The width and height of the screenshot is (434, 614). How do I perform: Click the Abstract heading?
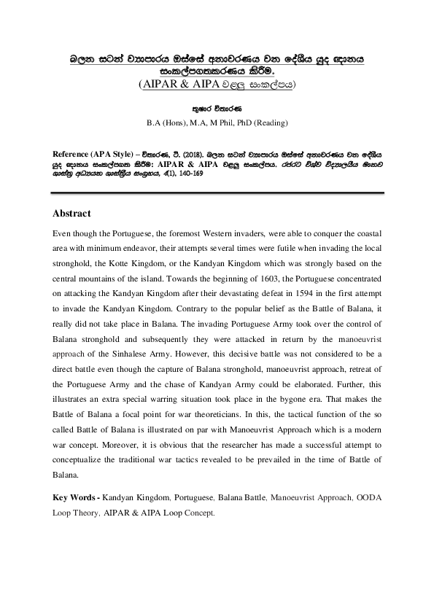(72, 214)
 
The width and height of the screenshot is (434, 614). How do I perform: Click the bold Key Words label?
(75, 497)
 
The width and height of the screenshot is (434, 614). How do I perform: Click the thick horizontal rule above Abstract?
(217, 193)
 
